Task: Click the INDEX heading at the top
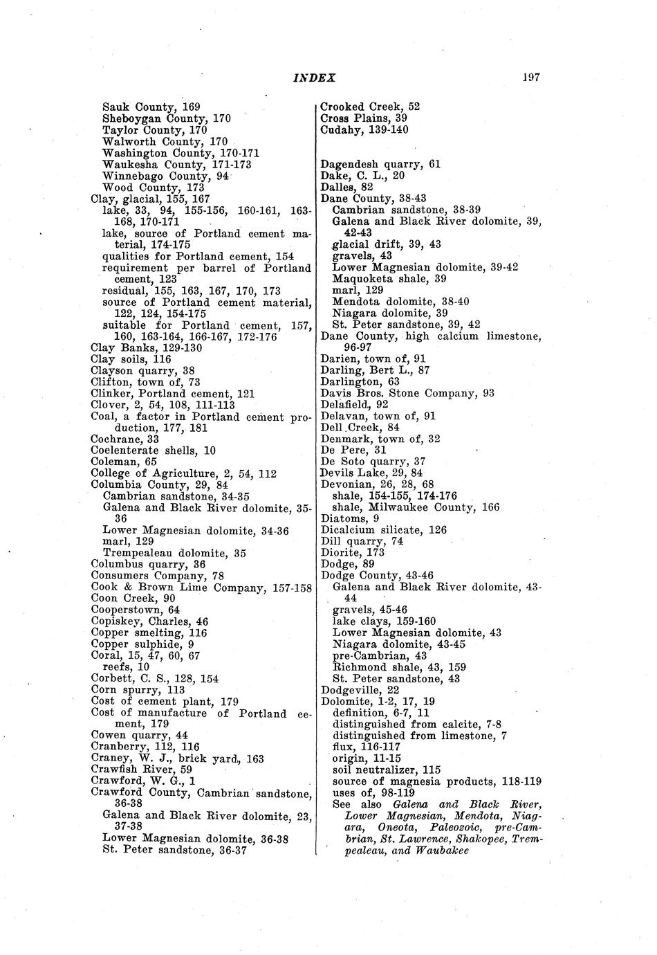pos(314,78)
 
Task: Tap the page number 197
pos(530,78)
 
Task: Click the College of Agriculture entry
pos(183,473)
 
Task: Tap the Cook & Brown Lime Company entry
pos(201,588)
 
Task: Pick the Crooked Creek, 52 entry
pos(370,107)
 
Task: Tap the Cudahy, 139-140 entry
pos(364,130)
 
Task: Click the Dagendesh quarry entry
pos(380,165)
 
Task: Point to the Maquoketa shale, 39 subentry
pos(389,279)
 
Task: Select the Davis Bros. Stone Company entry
pos(407,393)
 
